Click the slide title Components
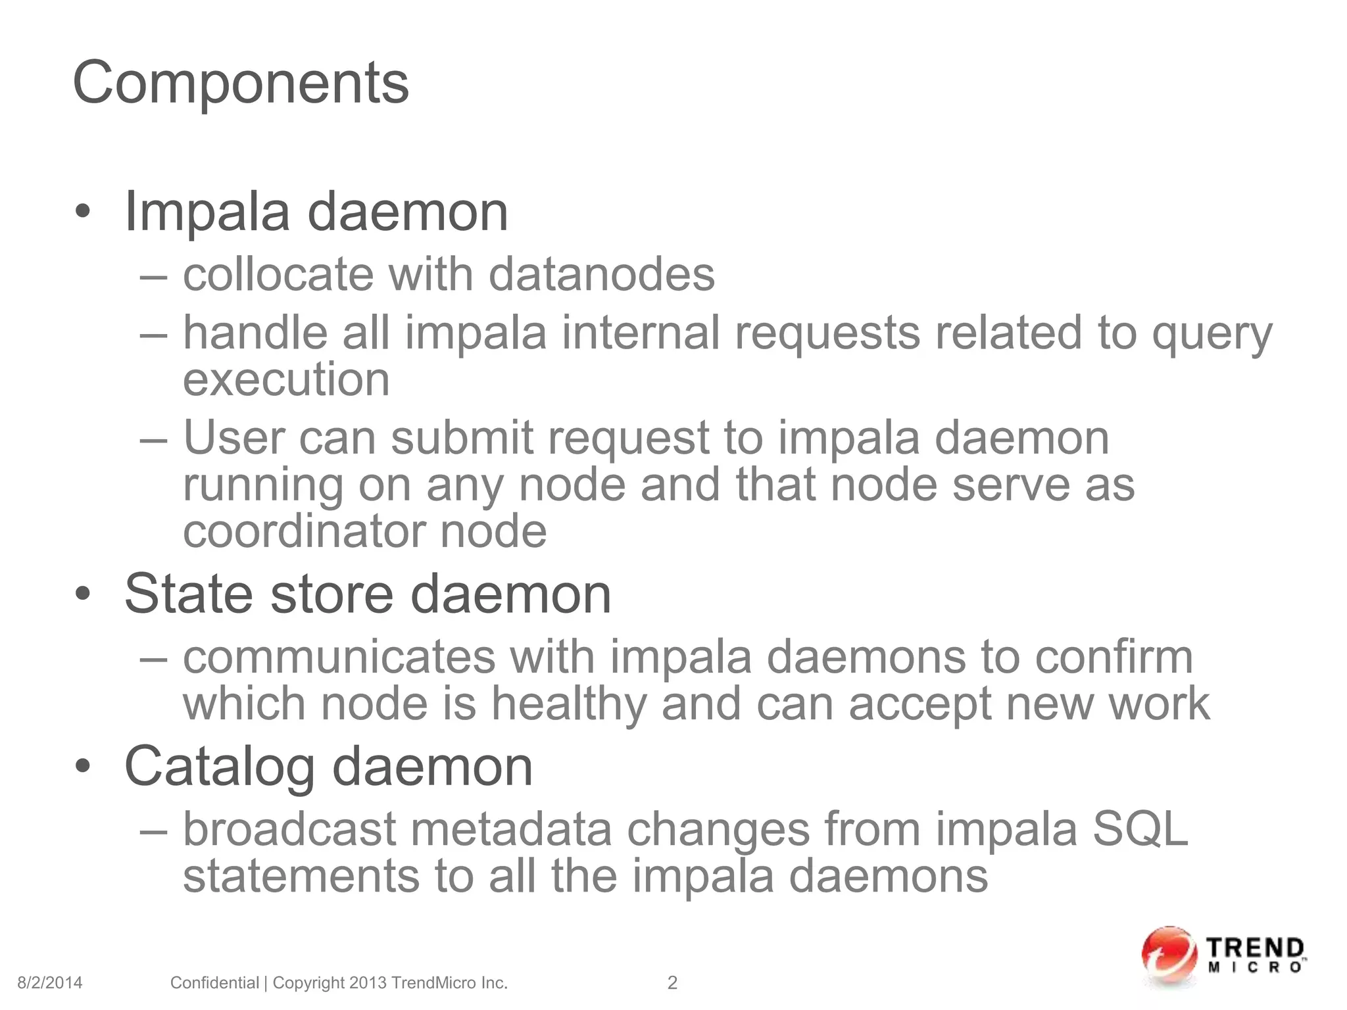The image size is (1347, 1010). click(x=241, y=83)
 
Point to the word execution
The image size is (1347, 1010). click(x=286, y=380)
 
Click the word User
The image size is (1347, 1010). click(x=233, y=438)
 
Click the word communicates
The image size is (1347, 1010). click(x=339, y=657)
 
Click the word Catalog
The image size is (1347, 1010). click(x=220, y=767)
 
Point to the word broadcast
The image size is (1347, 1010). click(x=289, y=829)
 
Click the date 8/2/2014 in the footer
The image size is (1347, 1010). click(x=50, y=983)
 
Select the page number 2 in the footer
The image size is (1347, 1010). click(x=672, y=983)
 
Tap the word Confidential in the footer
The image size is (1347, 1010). click(x=214, y=983)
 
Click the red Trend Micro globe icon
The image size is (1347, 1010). click(x=1169, y=957)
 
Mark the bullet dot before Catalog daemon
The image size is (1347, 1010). click(x=82, y=767)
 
